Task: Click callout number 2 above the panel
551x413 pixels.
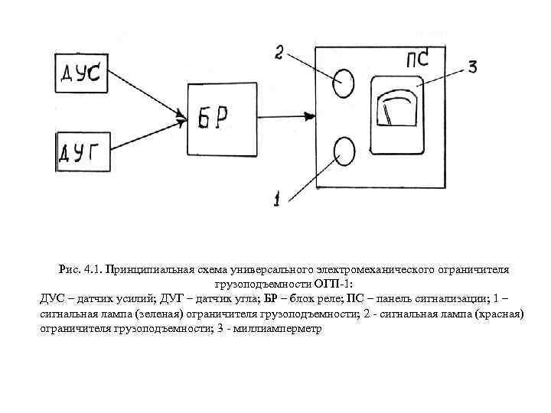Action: pos(279,52)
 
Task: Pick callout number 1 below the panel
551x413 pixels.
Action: pos(276,200)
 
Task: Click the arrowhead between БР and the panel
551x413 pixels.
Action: pos(309,116)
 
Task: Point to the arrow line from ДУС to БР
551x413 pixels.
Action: pos(145,96)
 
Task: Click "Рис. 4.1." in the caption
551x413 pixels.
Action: pos(80,269)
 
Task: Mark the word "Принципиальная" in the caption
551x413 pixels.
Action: pos(149,269)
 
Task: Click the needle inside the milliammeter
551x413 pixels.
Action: pos(390,115)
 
